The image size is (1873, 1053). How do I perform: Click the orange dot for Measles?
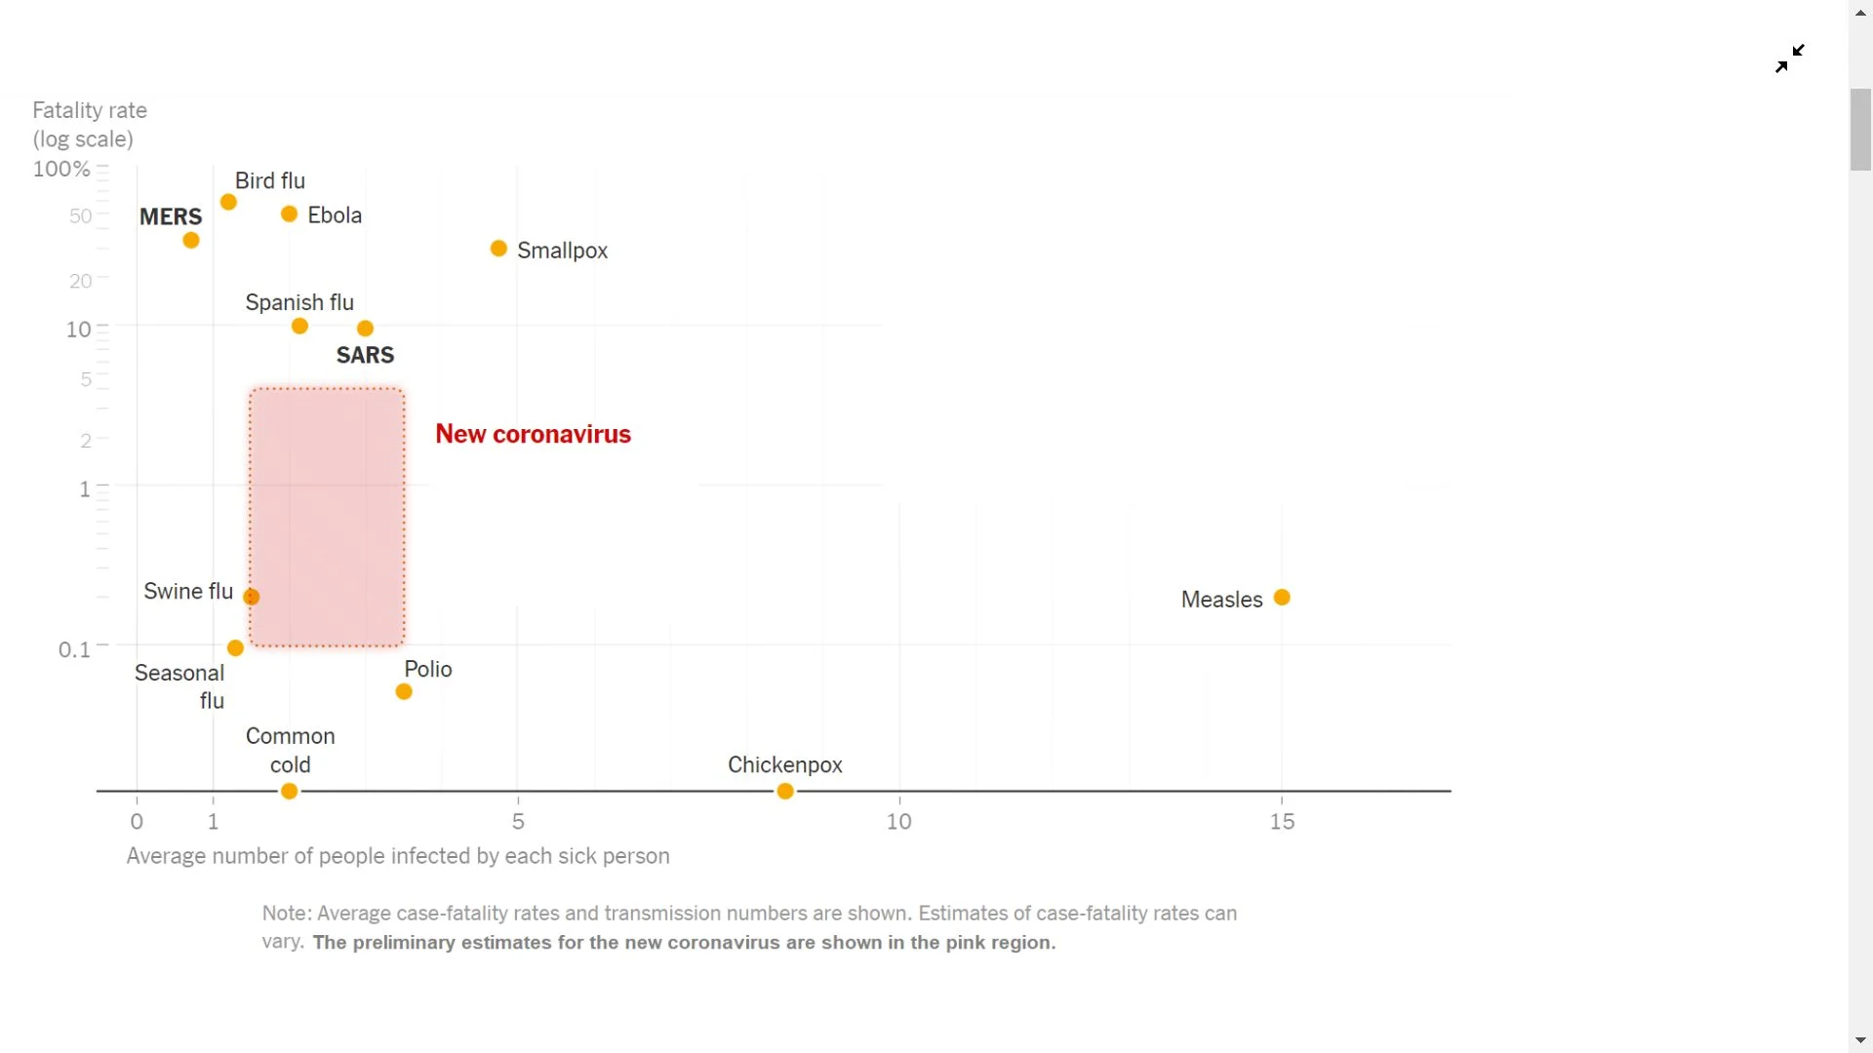click(1282, 598)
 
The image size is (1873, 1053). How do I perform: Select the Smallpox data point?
click(498, 249)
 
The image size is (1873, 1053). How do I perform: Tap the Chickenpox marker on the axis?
click(785, 791)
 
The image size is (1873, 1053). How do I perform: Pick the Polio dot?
click(404, 691)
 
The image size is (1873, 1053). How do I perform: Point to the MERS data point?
click(191, 240)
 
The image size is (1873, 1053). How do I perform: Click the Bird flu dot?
click(228, 202)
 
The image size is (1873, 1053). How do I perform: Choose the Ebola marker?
click(289, 214)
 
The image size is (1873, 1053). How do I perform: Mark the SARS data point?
click(365, 329)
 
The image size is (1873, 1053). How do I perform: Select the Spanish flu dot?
click(299, 326)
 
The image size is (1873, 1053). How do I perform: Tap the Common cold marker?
click(289, 791)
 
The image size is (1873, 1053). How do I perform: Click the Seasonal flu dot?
click(235, 647)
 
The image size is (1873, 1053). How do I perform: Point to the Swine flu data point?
click(252, 597)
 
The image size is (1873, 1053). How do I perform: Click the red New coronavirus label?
click(533, 434)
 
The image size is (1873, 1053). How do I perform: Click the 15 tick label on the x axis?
click(1282, 822)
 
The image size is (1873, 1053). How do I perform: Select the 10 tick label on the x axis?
click(898, 822)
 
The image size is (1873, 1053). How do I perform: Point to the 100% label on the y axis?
click(61, 169)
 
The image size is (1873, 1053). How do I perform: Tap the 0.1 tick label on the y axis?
click(74, 649)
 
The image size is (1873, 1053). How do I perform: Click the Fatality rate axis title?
click(90, 110)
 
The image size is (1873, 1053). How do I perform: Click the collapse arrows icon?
click(1789, 58)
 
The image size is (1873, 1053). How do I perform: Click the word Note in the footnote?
click(285, 914)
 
